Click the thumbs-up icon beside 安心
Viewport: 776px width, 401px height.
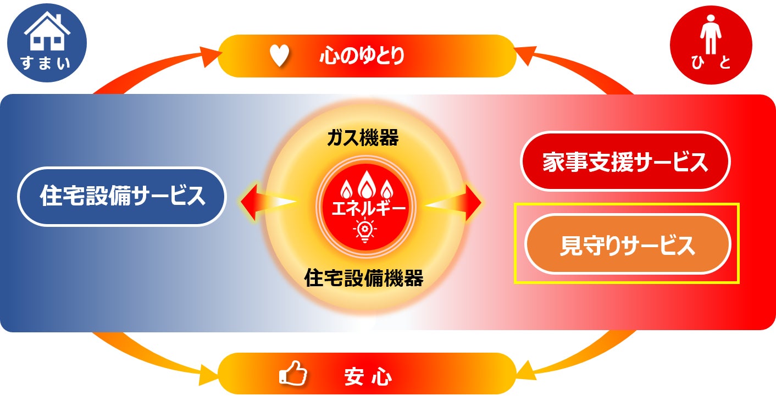tap(293, 374)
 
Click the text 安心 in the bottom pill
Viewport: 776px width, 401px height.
tap(368, 377)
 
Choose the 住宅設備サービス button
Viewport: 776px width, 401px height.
tap(122, 196)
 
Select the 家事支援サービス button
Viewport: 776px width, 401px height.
tap(625, 162)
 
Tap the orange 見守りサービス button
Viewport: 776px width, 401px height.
tap(627, 244)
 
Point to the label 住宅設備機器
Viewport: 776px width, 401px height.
tap(364, 279)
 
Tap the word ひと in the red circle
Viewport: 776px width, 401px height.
tap(711, 64)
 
